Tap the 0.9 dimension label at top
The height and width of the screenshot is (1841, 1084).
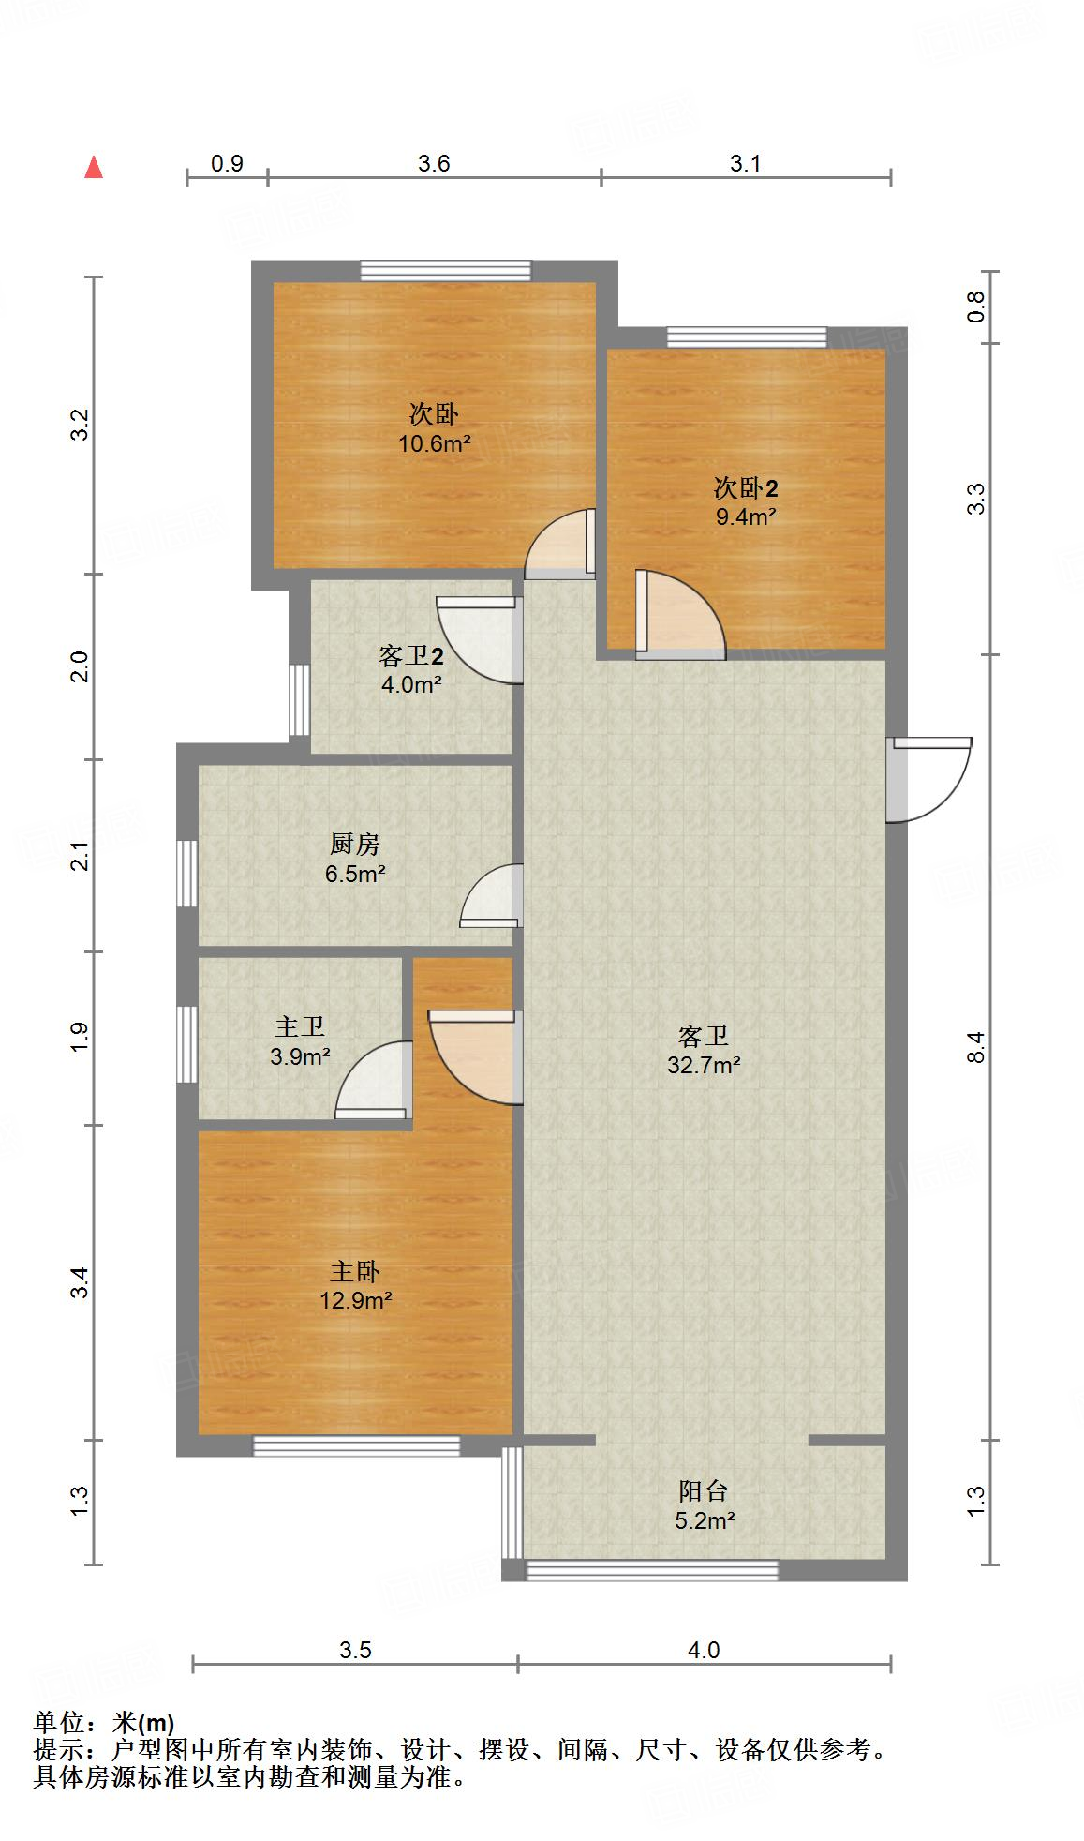[227, 164]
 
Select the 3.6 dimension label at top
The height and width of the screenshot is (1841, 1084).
[434, 164]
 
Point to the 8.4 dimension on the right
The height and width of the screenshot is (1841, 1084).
[976, 1046]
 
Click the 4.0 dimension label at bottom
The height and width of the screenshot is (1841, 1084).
[704, 1650]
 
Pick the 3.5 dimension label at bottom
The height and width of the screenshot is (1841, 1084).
[355, 1650]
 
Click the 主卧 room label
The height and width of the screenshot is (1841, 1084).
[355, 1272]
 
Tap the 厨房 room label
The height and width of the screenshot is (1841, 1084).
[355, 845]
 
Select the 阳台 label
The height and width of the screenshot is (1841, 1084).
[704, 1491]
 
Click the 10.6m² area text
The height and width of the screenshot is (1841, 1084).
[435, 443]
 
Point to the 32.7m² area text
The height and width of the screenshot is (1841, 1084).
[705, 1065]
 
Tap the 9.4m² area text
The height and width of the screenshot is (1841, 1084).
[746, 516]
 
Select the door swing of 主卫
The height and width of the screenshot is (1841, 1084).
[374, 1080]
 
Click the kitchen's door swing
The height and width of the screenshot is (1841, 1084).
[491, 896]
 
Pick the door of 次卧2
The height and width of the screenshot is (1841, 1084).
[680, 615]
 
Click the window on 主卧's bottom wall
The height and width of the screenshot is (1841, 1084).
[357, 1445]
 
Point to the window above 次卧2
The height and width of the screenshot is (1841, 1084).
[747, 337]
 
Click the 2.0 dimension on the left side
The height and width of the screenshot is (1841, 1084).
[82, 666]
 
